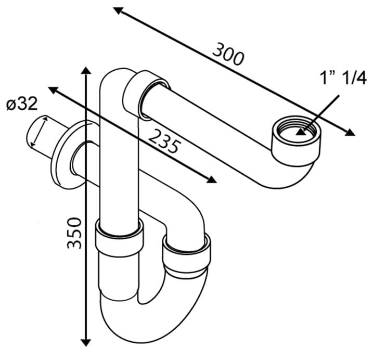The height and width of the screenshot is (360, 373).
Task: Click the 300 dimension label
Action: coord(228,54)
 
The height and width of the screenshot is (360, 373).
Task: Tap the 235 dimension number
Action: coord(163,141)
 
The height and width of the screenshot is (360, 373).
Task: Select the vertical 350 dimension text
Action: coord(74,233)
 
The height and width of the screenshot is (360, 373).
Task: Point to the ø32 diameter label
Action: coord(22,104)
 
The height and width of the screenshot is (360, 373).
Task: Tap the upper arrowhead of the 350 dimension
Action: coord(86,71)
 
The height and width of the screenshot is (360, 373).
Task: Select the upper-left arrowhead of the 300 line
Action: coord(118,11)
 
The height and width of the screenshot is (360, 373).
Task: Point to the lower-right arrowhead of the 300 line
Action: coord(350,133)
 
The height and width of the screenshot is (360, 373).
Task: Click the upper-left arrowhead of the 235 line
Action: coord(53,91)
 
